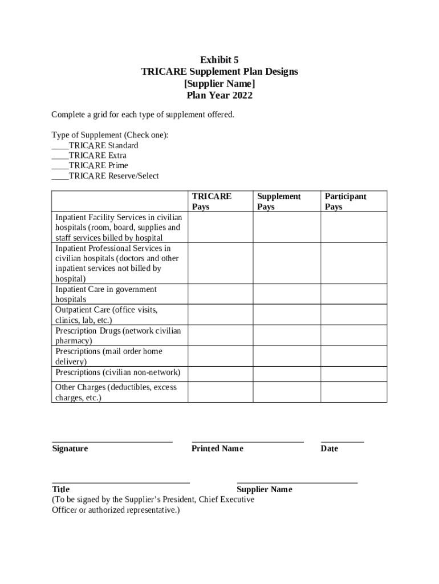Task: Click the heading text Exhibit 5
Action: tap(219, 60)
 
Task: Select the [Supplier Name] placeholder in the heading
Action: tap(219, 83)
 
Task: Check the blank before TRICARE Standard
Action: tap(60, 145)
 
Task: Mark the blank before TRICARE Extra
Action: tap(60, 156)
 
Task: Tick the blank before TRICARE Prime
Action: tap(60, 166)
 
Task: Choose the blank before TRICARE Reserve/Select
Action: tap(60, 176)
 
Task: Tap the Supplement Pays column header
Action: tap(278, 201)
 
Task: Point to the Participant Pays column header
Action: tap(345, 201)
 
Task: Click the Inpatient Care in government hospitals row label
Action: tap(105, 294)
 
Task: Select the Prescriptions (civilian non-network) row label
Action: tap(117, 372)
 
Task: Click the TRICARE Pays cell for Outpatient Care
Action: tap(220, 315)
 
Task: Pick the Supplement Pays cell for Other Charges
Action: tap(286, 392)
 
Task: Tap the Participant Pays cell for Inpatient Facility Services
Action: tap(353, 227)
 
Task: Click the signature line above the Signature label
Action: tap(112, 441)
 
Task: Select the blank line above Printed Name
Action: tap(247, 441)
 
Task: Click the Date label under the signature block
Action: tap(329, 449)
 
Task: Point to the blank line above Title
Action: tap(120, 482)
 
